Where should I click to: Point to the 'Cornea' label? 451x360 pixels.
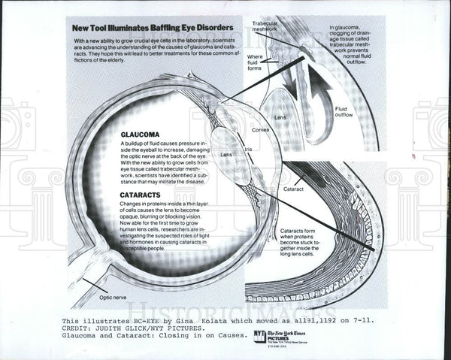coord(261,129)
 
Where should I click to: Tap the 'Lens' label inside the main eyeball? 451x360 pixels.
coord(226,154)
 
